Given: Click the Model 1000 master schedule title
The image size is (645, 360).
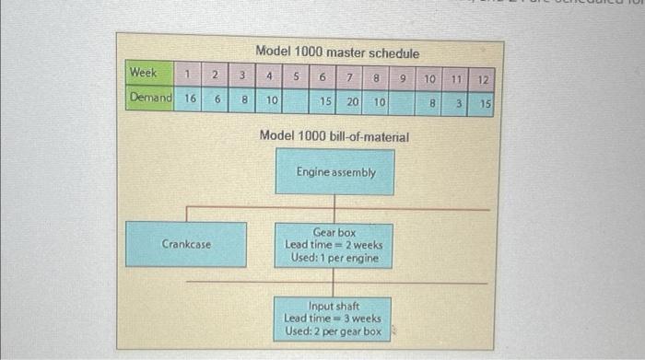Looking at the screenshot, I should (336, 52).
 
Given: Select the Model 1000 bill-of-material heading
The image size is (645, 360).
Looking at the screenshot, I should (334, 135).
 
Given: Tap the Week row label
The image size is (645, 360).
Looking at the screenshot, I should (143, 72).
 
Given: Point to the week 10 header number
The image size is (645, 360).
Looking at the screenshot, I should (429, 80).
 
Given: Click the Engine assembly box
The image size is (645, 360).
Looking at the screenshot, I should (335, 172).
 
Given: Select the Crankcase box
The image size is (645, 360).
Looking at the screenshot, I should (186, 244).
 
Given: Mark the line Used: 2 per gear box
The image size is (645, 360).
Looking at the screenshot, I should (333, 331).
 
